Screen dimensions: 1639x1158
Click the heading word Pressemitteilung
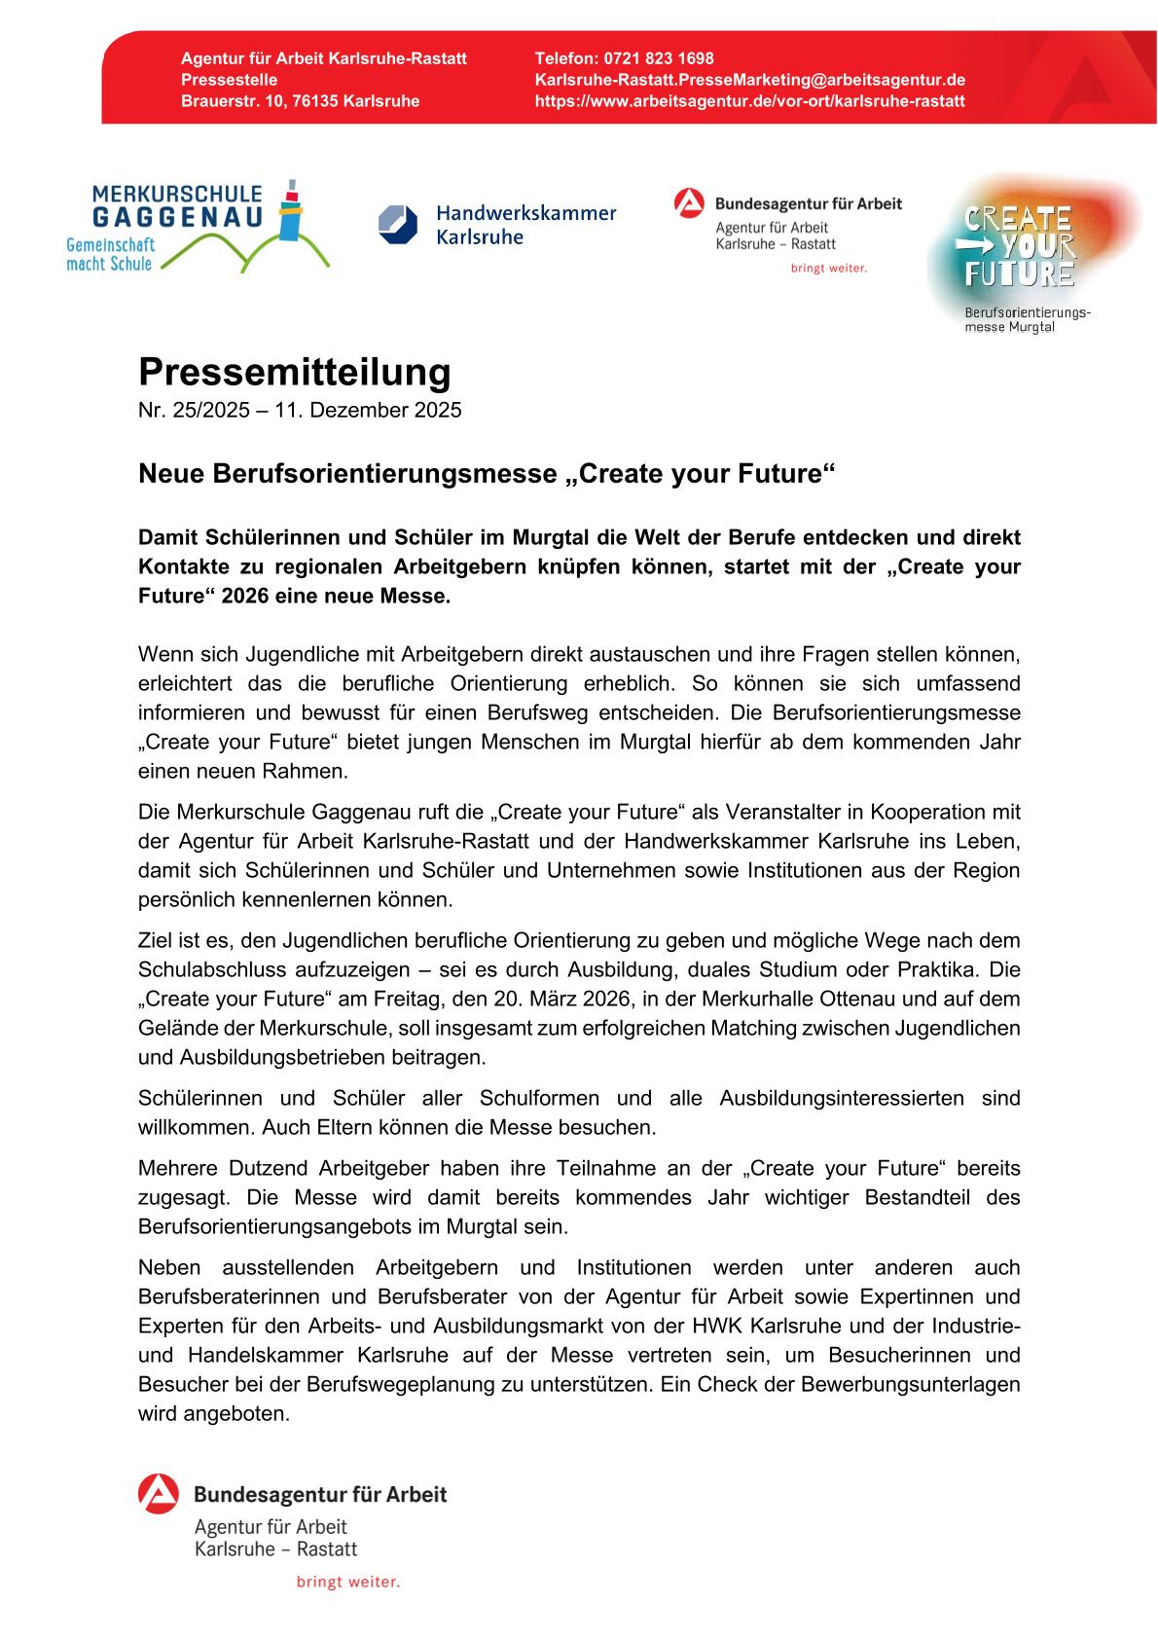coord(295,373)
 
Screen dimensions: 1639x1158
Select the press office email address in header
coord(750,80)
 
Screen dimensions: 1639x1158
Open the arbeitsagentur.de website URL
coord(750,101)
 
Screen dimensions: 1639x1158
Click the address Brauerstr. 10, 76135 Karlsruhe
coord(300,101)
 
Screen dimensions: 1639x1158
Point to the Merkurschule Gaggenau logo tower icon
coord(289,209)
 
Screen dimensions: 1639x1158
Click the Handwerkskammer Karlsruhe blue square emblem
coord(397,224)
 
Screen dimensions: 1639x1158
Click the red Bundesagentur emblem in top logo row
coord(689,204)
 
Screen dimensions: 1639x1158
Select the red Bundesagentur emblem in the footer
coord(158,1494)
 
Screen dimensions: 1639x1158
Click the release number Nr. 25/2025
coord(194,410)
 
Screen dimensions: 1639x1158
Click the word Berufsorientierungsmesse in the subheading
coord(375,475)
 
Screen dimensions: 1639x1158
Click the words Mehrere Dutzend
coord(208,1168)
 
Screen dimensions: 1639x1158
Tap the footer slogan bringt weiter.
coord(348,1583)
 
